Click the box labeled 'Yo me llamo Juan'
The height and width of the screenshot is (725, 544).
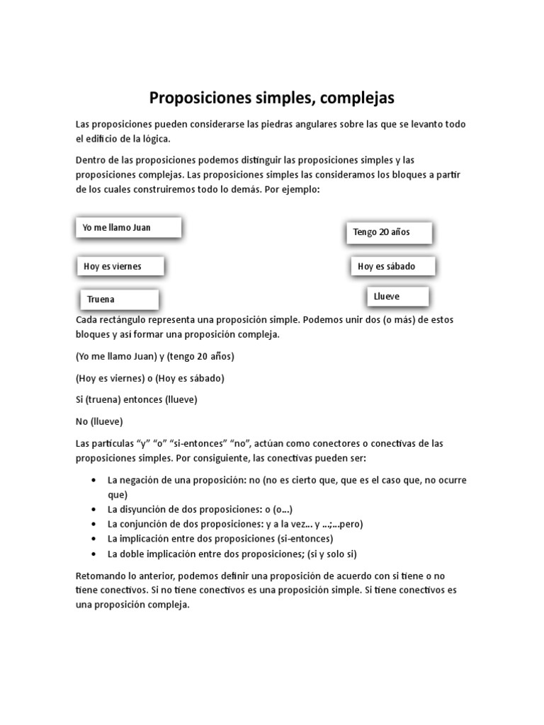coord(128,227)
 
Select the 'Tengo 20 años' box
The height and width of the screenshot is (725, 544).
coord(388,232)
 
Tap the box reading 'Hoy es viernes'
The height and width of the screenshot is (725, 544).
coord(120,266)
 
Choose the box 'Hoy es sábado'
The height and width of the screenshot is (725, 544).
coord(392,266)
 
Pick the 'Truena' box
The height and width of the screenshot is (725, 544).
coord(118,299)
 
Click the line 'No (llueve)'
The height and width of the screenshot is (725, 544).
coord(99,421)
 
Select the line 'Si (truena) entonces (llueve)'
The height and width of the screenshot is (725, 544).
coord(136,399)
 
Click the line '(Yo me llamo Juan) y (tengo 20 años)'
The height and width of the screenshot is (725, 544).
coord(154,356)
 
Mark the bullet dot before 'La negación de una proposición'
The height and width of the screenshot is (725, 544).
coord(94,480)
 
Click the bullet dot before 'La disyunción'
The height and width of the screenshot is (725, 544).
coord(94,509)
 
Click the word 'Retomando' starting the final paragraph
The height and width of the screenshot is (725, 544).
coord(101,576)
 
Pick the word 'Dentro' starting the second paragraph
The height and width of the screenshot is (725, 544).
coord(91,160)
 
